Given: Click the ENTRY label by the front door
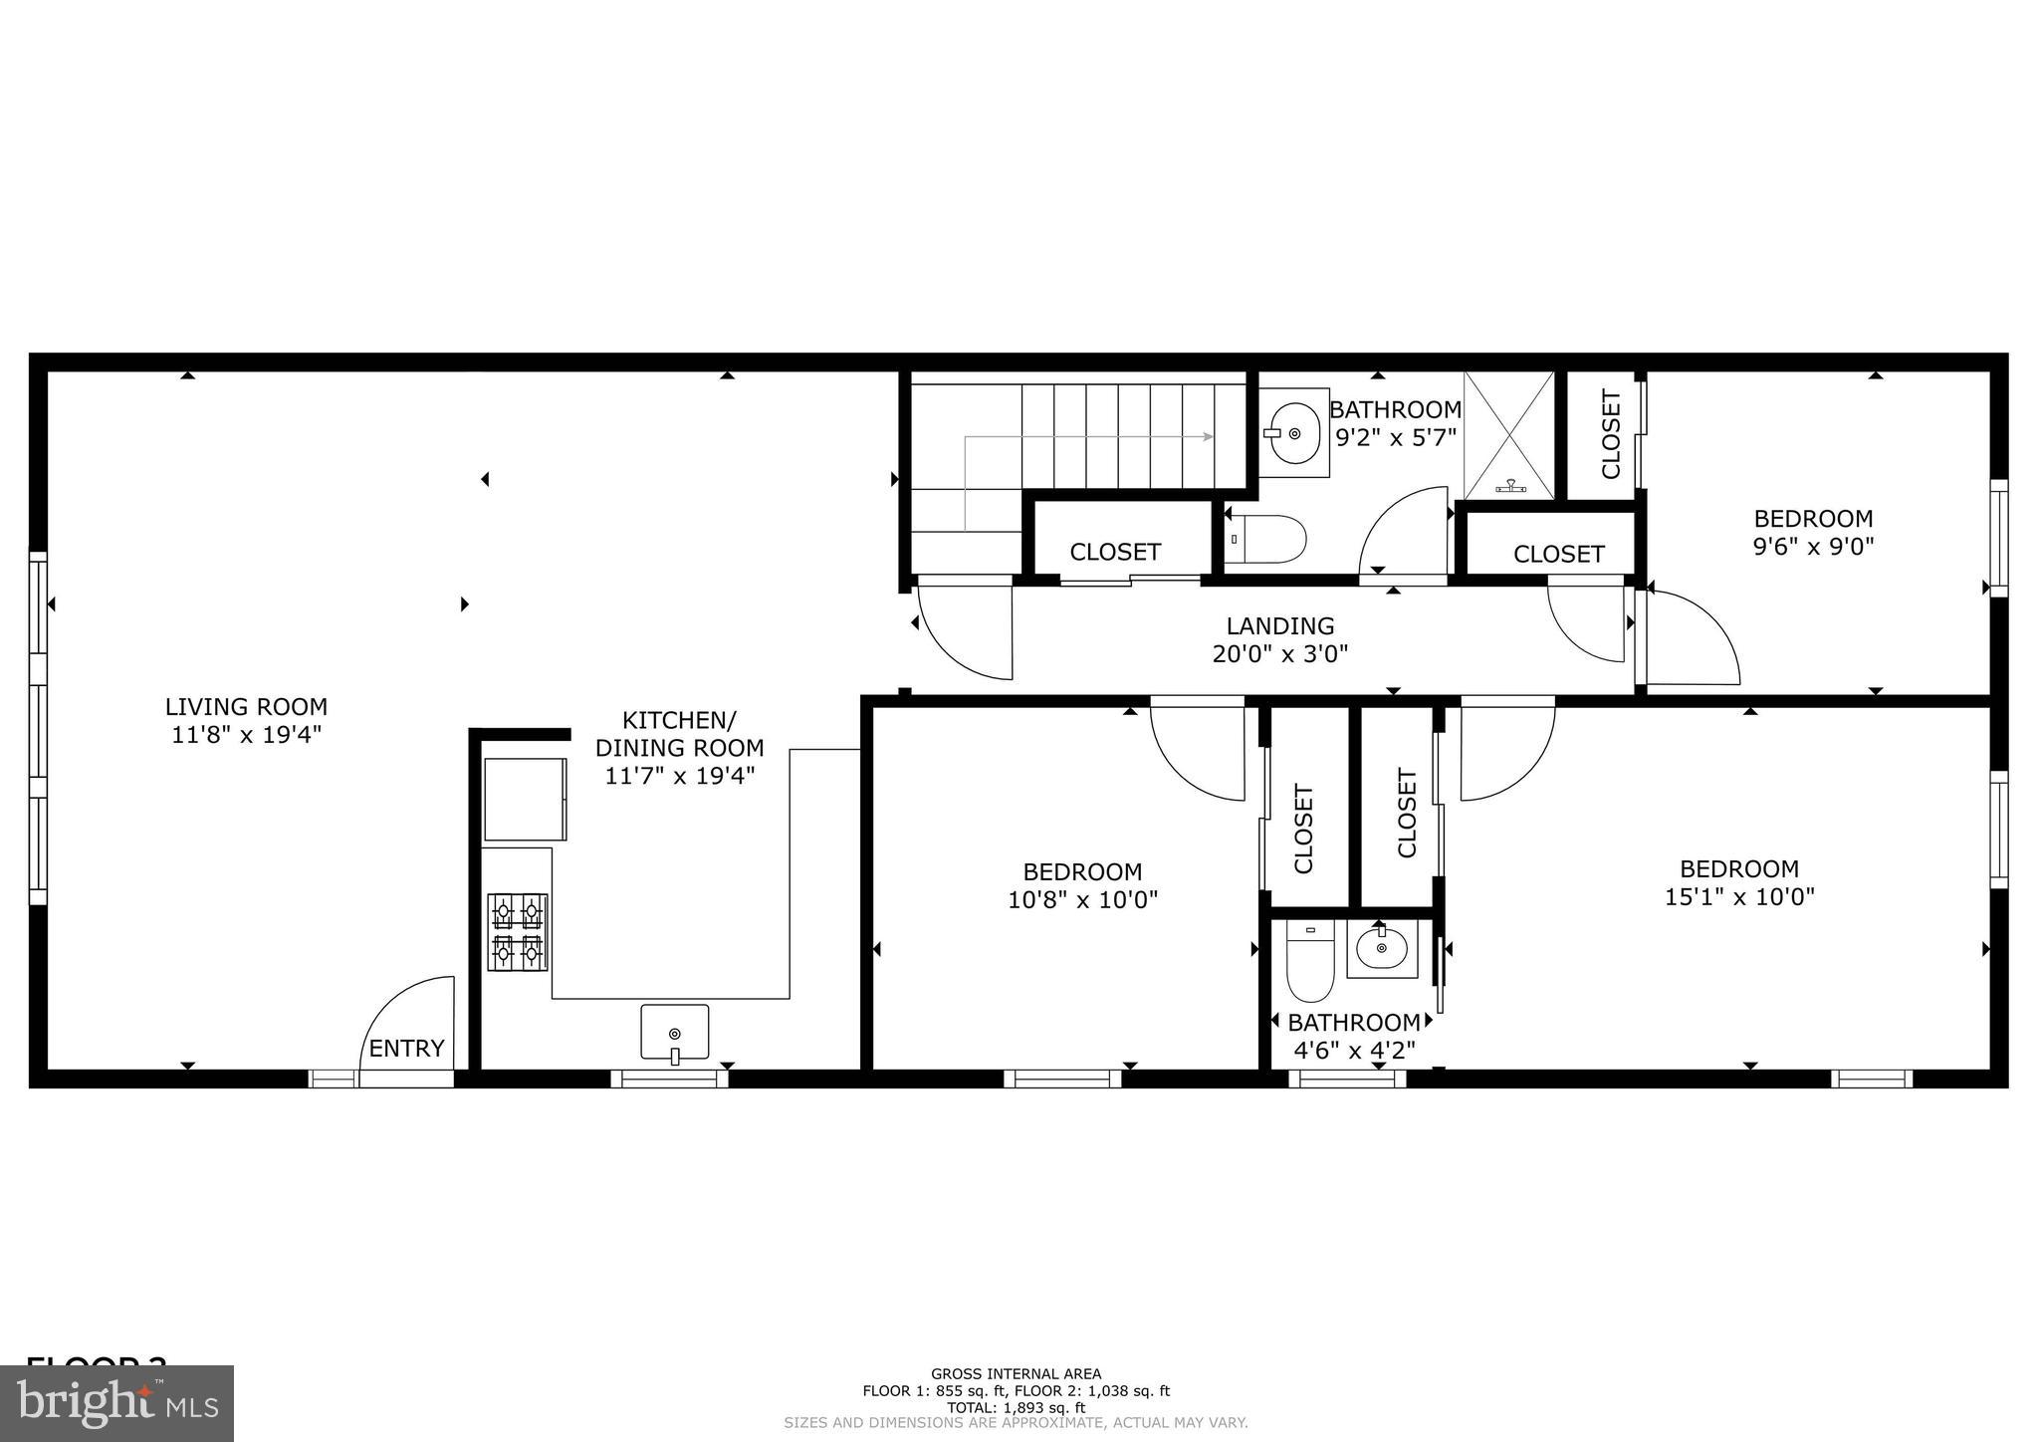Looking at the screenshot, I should tap(406, 1049).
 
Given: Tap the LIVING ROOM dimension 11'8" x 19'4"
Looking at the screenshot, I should tap(246, 735).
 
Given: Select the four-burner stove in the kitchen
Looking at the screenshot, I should tap(517, 932).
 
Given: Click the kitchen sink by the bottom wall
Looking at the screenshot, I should tap(675, 1033).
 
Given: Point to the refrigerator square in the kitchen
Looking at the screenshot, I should tap(525, 799).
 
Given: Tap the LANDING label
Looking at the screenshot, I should tap(1279, 626).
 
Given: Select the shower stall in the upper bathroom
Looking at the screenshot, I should tap(1508, 435).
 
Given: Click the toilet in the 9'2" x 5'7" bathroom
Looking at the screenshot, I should tap(1266, 539).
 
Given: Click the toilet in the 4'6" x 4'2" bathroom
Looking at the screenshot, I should tap(1309, 962).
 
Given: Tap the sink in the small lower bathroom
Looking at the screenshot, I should tap(1382, 949).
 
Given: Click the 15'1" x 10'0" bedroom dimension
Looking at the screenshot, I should tap(1739, 896).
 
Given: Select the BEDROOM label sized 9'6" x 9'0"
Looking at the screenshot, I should tap(1813, 519).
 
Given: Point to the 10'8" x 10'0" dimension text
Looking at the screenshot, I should tap(1082, 900).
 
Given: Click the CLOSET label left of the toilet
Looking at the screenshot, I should tap(1115, 552).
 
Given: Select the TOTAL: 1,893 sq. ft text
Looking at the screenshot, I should tap(1016, 1408).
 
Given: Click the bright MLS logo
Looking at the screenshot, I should tap(116, 1403).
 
